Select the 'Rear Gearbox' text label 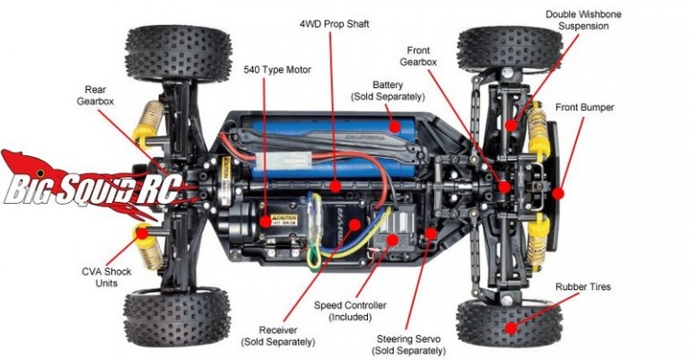pos(96,96)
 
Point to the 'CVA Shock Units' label pos(101,275)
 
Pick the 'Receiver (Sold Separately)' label pos(277,336)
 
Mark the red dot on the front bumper pos(557,192)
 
